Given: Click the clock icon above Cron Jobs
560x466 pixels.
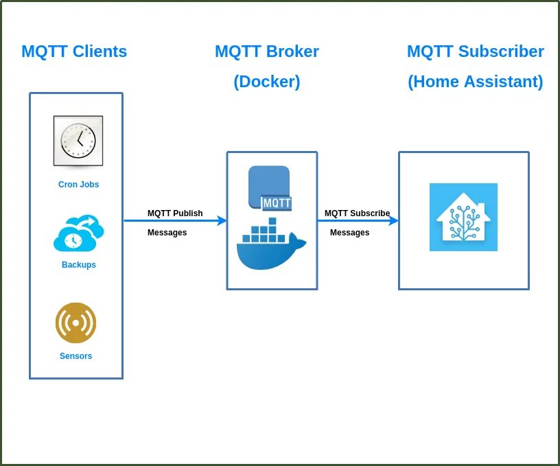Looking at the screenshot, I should [78, 141].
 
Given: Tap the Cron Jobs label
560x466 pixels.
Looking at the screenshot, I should [78, 185].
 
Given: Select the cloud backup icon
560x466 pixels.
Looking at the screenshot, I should [78, 233].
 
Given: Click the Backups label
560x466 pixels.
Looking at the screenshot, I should [78, 265].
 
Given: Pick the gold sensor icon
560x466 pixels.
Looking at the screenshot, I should [75, 323].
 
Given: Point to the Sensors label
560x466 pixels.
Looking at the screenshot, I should [75, 356].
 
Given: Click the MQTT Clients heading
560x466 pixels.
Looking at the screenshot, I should [74, 51].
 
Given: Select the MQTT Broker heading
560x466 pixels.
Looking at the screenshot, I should [267, 51].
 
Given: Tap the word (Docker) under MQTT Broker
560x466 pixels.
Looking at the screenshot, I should [267, 82].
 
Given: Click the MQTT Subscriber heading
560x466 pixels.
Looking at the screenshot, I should [475, 51].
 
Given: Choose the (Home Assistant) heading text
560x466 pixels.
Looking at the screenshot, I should [475, 82].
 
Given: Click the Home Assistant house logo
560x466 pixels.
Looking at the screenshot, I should [463, 217].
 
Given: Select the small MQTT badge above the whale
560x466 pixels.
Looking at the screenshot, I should [277, 203].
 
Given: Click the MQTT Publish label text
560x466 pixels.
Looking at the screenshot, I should [175, 213].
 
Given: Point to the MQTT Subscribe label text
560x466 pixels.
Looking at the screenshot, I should [357, 213].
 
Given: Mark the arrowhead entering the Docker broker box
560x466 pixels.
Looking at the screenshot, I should [222, 221].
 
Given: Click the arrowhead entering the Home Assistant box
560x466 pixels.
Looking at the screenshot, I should [394, 221].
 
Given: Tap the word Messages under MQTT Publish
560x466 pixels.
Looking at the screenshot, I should [167, 233].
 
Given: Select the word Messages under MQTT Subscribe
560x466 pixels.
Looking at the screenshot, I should [349, 233].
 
